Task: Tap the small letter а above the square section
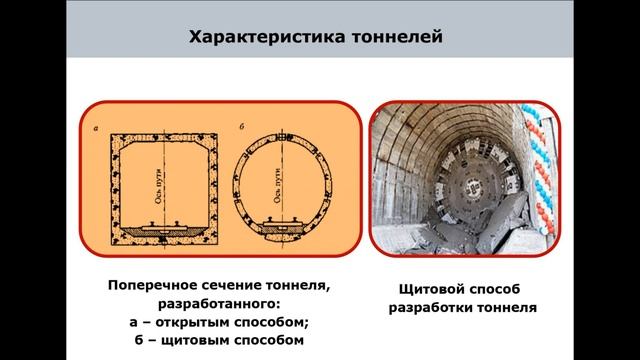click(x=95, y=126)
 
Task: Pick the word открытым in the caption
click(x=195, y=321)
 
